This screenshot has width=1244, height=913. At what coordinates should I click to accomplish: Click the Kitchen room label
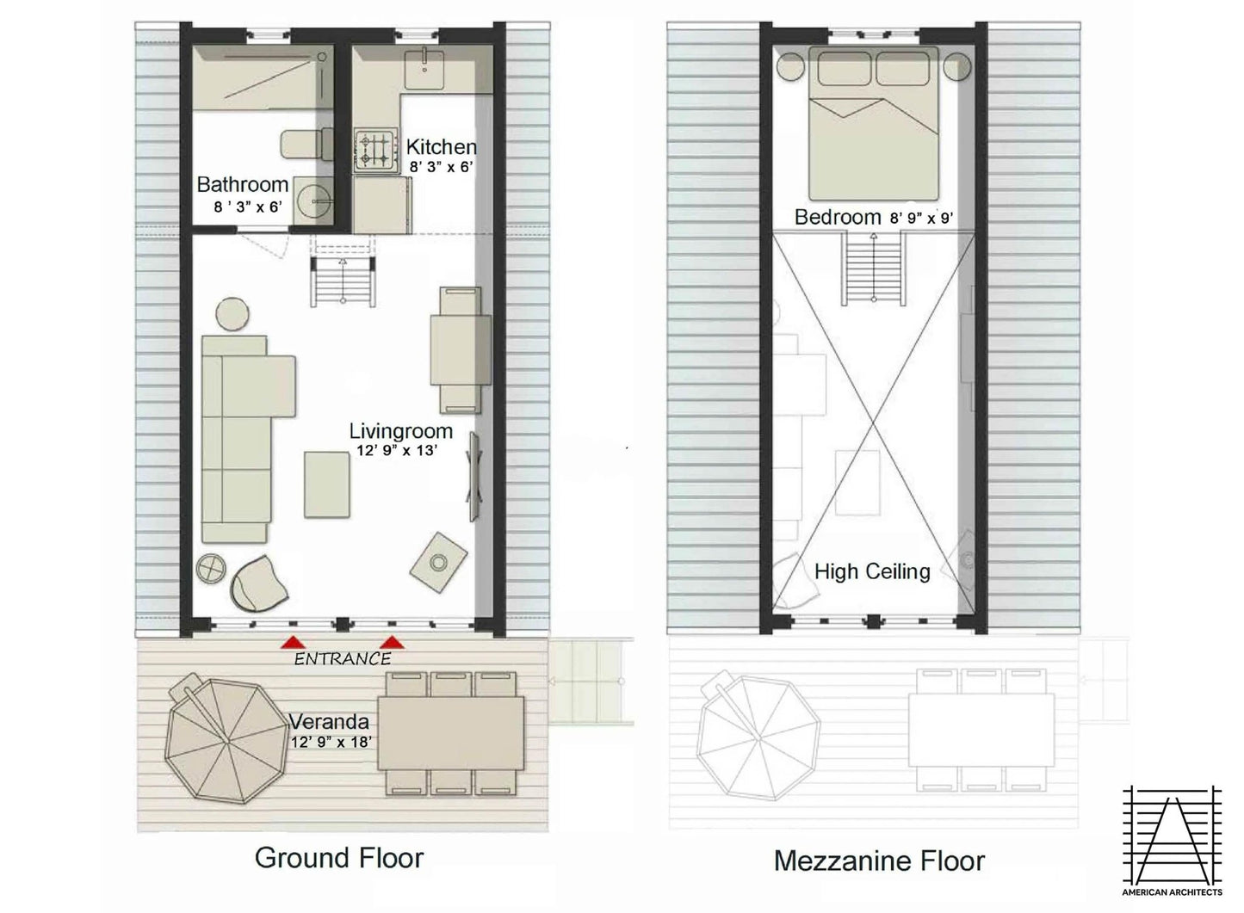(x=442, y=147)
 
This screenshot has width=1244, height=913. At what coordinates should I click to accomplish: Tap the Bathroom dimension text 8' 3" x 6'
(x=248, y=207)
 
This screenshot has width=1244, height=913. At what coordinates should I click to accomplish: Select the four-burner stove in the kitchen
(x=376, y=151)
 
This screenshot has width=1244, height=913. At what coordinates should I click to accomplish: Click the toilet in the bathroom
(x=306, y=145)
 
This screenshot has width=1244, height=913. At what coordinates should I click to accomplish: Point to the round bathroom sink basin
(x=313, y=200)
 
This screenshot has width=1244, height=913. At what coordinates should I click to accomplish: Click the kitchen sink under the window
(x=424, y=69)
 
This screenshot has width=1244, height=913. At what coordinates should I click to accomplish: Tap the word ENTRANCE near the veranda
(x=343, y=659)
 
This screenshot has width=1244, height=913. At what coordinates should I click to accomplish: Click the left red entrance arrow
(x=293, y=643)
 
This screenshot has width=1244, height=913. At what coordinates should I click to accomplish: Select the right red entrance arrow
(x=392, y=643)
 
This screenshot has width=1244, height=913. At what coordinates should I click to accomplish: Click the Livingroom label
(x=401, y=431)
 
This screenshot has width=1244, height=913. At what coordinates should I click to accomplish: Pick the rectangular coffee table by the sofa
(x=327, y=484)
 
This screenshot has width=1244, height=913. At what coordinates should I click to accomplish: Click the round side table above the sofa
(x=232, y=314)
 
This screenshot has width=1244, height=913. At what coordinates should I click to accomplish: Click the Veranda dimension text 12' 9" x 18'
(x=331, y=742)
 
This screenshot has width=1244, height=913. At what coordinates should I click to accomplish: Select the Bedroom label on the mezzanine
(x=838, y=217)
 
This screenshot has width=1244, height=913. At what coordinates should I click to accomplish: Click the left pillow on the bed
(x=844, y=68)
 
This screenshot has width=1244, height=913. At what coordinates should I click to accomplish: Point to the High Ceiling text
(x=872, y=571)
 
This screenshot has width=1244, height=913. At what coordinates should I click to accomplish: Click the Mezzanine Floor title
(x=880, y=861)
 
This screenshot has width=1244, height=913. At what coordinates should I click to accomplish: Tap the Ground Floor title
(x=339, y=858)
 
